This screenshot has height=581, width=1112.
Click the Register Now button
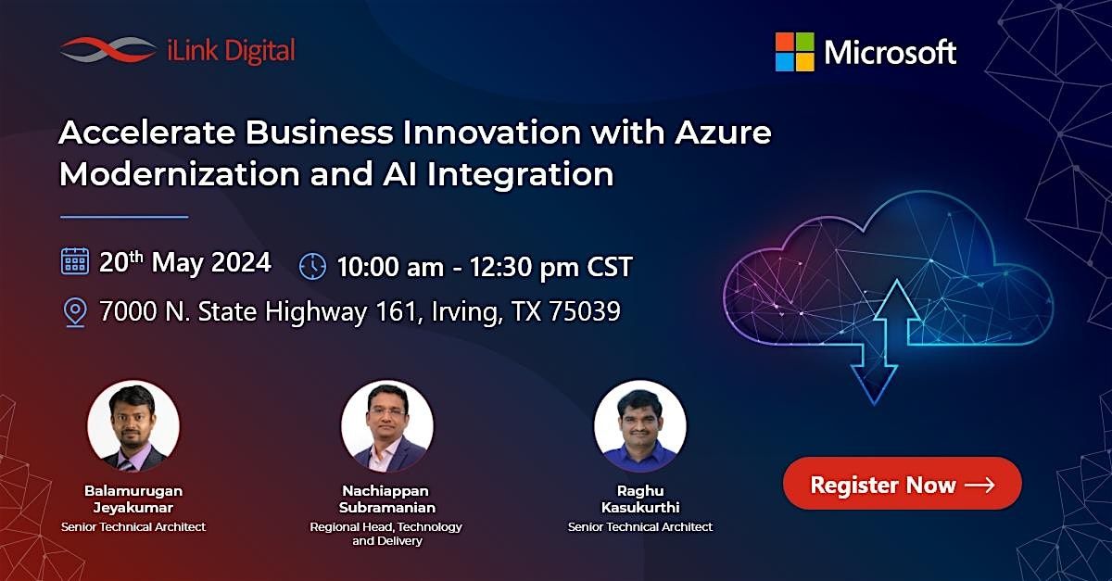coord(902,484)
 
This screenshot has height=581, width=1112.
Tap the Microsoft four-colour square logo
coord(794,52)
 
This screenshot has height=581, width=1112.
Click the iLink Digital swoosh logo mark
coord(107,50)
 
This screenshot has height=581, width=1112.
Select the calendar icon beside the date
coord(74,262)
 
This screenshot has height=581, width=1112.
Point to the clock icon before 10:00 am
coord(312,267)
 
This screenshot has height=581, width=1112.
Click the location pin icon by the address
coord(74,312)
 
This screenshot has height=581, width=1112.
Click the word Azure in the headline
coord(722,133)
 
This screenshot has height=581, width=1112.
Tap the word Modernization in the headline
coord(176,174)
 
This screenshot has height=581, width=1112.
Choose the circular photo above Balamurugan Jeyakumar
coord(133,427)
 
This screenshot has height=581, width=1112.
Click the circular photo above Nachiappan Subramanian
coord(386,427)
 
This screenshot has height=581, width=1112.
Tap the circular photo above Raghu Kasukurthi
coord(639,427)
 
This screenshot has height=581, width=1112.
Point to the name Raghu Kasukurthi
coord(639,499)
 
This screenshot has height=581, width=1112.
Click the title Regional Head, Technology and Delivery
coord(386,533)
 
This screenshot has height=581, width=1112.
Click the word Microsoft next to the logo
coord(890,52)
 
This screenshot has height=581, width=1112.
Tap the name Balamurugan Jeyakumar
coord(133,499)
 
